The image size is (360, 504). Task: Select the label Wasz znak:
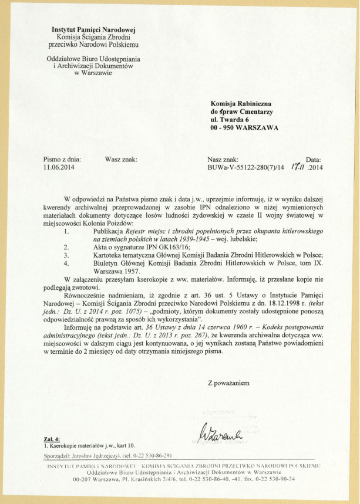[120, 159]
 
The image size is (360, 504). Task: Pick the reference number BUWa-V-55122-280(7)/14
[245, 167]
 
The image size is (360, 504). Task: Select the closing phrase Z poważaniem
[228, 383]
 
